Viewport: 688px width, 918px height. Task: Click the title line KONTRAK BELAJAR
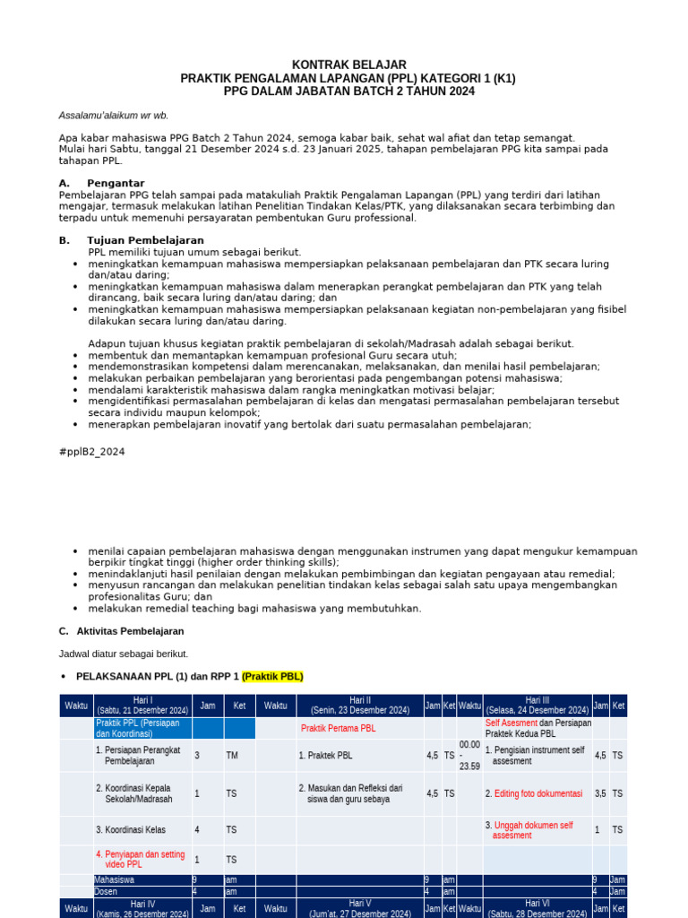pyautogui.click(x=348, y=65)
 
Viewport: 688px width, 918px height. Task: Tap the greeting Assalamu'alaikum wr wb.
pyautogui.click(x=113, y=116)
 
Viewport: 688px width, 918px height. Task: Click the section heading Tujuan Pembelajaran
pyautogui.click(x=145, y=240)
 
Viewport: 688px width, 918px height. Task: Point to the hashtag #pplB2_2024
pyautogui.click(x=91, y=452)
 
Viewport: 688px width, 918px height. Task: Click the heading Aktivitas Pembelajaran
pyautogui.click(x=129, y=631)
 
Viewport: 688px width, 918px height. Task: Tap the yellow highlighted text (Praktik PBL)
pyautogui.click(x=272, y=676)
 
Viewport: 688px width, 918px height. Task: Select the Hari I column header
pyautogui.click(x=142, y=706)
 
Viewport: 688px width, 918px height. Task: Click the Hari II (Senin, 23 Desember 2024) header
pyautogui.click(x=360, y=706)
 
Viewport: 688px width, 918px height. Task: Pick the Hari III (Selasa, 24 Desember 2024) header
pyautogui.click(x=537, y=706)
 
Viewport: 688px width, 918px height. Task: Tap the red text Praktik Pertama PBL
pyautogui.click(x=338, y=728)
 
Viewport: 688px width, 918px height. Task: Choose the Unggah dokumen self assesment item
pyautogui.click(x=533, y=830)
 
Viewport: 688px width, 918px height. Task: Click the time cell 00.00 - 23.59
pyautogui.click(x=469, y=755)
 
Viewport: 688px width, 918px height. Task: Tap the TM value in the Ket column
pyautogui.click(x=232, y=756)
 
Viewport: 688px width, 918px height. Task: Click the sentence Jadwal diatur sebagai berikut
pyautogui.click(x=124, y=654)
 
